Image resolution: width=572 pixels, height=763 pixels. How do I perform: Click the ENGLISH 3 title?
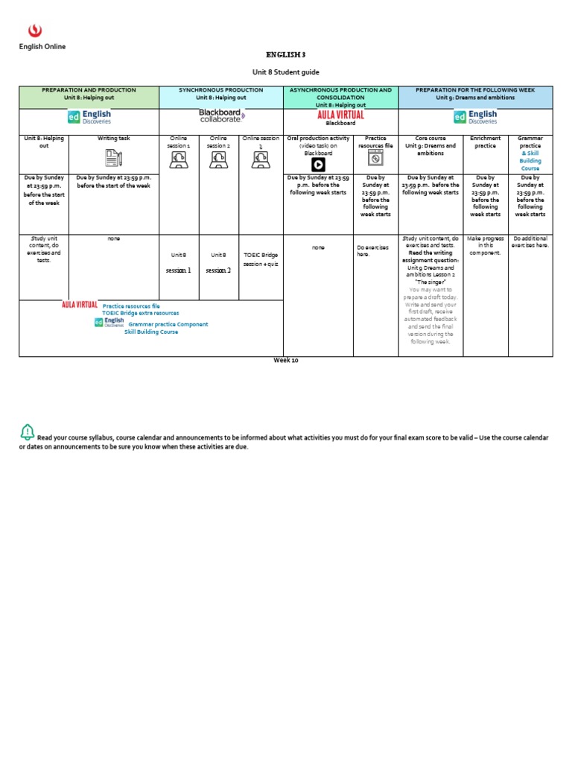click(x=286, y=54)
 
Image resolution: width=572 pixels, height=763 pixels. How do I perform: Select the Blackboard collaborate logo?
click(x=221, y=115)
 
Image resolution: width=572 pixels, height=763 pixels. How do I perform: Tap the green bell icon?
click(x=28, y=431)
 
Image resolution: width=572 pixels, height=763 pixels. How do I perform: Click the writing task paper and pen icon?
click(x=113, y=157)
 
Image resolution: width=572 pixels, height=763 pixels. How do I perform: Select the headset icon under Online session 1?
click(x=179, y=159)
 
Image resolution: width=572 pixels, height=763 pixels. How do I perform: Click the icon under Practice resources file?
click(x=376, y=159)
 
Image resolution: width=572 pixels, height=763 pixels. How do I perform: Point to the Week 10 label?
click(x=286, y=360)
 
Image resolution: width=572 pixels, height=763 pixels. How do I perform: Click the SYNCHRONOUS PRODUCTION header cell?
click(x=220, y=93)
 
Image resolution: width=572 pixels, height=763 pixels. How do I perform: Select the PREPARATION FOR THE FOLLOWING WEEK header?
click(x=475, y=93)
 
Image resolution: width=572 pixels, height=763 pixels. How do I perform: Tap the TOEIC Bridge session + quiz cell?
click(x=260, y=259)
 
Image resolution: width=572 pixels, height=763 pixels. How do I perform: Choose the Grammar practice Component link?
click(x=168, y=324)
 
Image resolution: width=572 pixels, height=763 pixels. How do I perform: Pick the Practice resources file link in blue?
click(x=130, y=305)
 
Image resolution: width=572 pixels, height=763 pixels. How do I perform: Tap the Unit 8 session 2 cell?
click(x=218, y=262)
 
